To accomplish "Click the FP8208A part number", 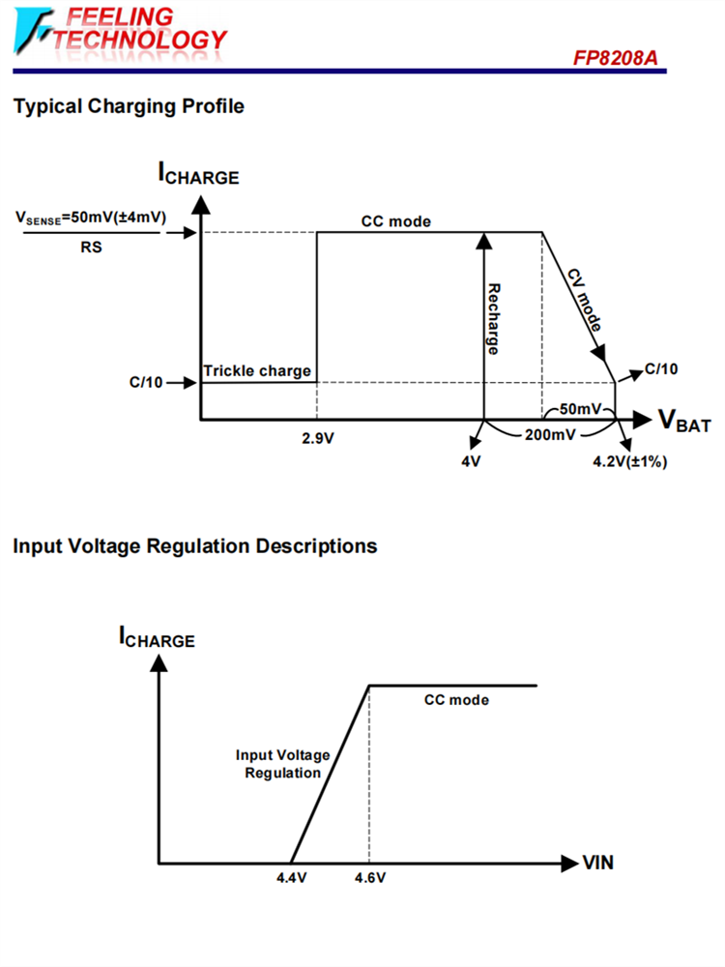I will click(616, 60).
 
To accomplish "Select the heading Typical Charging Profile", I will click(129, 106).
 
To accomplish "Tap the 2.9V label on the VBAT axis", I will click(318, 437).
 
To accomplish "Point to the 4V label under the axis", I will click(471, 461).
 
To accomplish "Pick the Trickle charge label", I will click(257, 371).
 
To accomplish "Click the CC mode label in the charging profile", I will click(396, 221).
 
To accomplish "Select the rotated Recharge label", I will click(493, 318).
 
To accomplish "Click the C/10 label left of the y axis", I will click(146, 382).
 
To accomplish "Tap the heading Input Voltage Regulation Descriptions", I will click(195, 546).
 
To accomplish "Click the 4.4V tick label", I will click(291, 878).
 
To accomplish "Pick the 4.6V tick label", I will click(369, 878).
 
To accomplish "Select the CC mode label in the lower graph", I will click(456, 700).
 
